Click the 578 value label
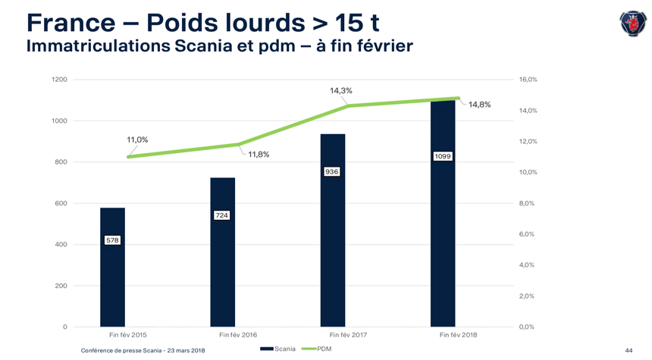click(112, 240)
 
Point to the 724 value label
click(222, 216)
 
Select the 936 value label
click(331, 172)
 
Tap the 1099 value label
click(443, 156)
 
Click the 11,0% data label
click(137, 139)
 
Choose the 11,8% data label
click(259, 155)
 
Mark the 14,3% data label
click(340, 91)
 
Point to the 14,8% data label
click(479, 105)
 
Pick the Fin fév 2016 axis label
click(238, 334)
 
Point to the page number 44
click(628, 350)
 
